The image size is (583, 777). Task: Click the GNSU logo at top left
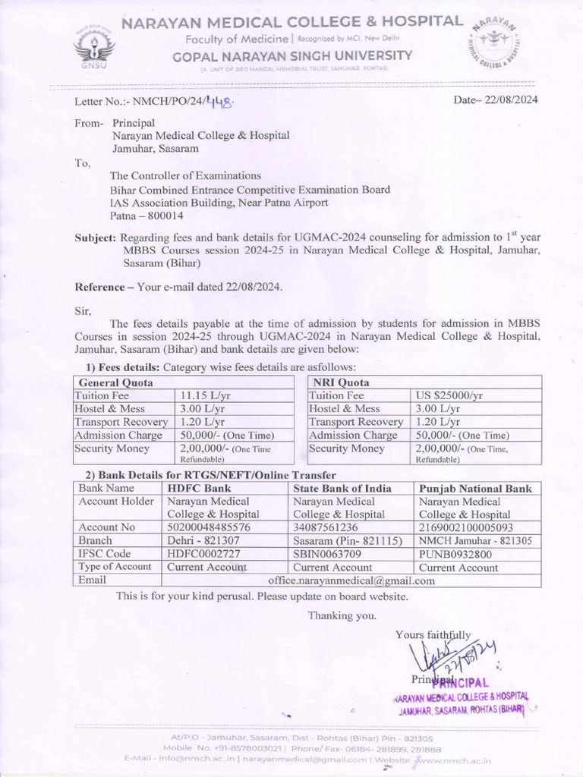[95, 46]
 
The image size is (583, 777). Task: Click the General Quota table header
[116, 382]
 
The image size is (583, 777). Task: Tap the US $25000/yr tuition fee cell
[449, 395]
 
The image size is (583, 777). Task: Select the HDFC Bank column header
[199, 488]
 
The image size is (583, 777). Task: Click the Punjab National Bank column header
[475, 488]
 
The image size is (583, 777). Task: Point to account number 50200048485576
[209, 527]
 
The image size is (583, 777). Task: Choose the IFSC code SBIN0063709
[329, 554]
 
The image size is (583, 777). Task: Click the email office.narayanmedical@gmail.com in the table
[351, 580]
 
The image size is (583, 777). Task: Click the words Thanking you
[342, 615]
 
